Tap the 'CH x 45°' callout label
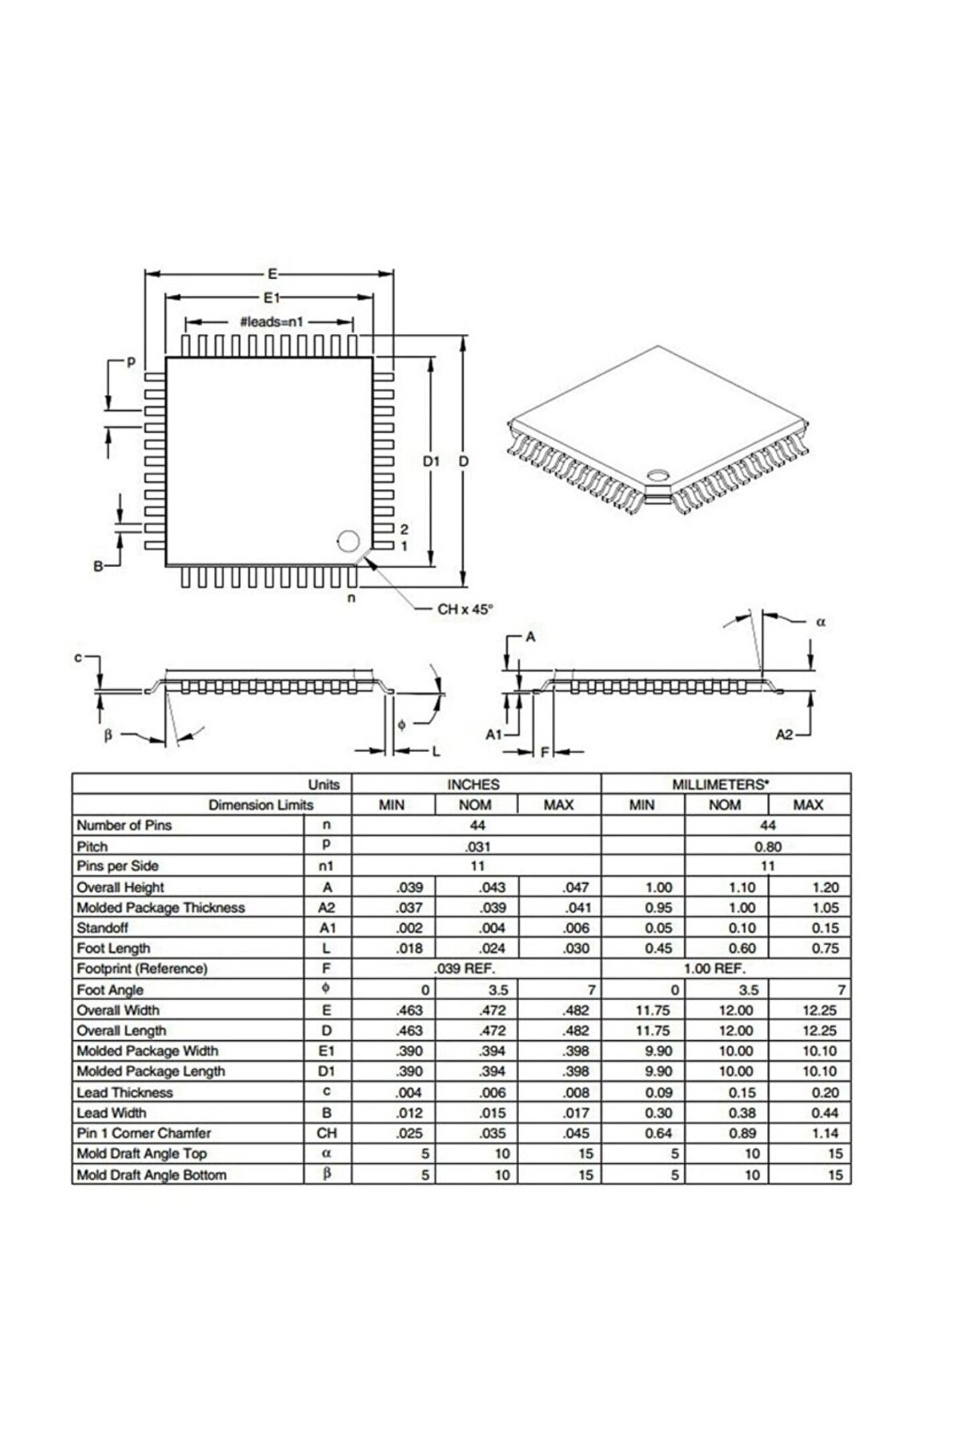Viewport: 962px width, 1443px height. point(466,609)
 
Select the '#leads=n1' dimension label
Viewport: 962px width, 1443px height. point(272,322)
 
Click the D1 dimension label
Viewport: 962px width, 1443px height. point(432,461)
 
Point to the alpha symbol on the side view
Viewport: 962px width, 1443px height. point(821,622)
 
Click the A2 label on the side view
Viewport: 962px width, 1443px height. point(784,735)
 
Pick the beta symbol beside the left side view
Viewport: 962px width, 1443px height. point(109,736)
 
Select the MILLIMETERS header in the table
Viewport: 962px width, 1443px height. point(720,784)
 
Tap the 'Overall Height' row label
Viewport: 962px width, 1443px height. point(120,887)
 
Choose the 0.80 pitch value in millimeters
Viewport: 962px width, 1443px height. point(768,846)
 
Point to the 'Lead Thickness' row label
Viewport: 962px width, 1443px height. point(125,1092)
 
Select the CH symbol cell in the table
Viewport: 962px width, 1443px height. point(327,1133)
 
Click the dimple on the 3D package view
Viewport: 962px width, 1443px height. point(658,475)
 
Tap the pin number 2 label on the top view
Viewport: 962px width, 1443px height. point(404,529)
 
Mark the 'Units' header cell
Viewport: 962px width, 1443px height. point(324,784)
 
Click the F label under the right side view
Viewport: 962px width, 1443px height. point(544,752)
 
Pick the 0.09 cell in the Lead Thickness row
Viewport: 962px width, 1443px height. point(658,1092)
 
